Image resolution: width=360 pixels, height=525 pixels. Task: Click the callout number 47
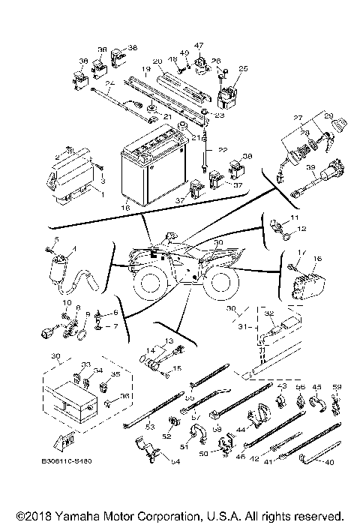click(x=199, y=46)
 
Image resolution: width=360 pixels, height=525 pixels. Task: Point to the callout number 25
click(x=242, y=68)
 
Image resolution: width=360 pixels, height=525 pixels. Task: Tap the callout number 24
click(x=109, y=83)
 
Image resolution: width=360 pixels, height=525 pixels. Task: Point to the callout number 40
click(x=328, y=462)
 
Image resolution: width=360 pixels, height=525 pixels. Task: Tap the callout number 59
click(x=337, y=387)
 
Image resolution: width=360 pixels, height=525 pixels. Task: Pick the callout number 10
click(x=65, y=304)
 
